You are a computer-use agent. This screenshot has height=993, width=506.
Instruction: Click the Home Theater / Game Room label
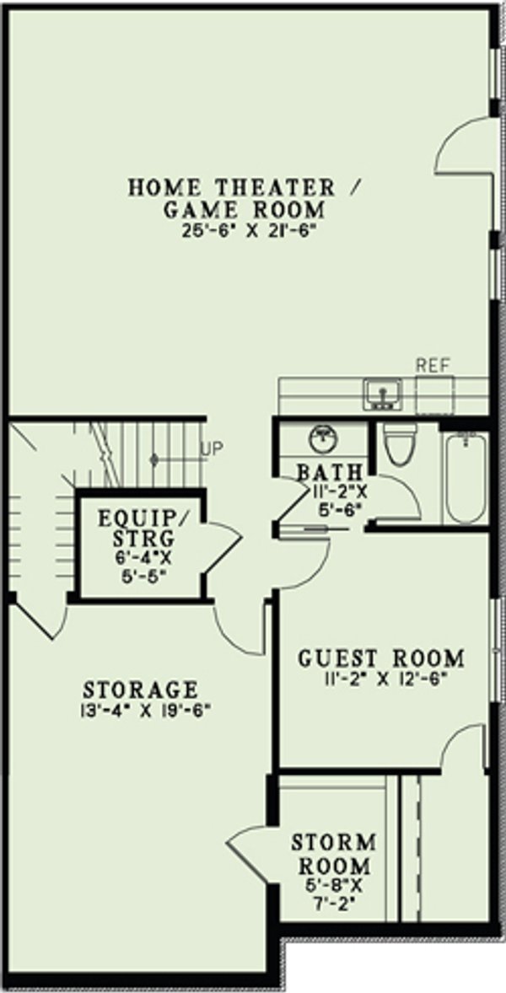click(232, 197)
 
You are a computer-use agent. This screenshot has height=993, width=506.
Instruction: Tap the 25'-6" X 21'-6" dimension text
click(232, 231)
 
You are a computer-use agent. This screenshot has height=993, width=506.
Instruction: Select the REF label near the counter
click(433, 365)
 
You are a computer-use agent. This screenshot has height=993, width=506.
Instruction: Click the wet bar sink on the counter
click(384, 394)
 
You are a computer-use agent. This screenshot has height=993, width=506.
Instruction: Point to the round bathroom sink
click(323, 437)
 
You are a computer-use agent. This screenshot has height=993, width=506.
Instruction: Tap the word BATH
click(330, 472)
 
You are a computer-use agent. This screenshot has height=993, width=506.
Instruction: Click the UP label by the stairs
click(212, 448)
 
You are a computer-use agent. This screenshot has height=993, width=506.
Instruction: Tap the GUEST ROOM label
click(381, 658)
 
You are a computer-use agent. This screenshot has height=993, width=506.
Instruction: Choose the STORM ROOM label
click(331, 854)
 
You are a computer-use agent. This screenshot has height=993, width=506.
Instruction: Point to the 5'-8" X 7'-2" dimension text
click(331, 898)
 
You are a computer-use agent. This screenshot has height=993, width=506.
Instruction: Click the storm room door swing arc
click(249, 843)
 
